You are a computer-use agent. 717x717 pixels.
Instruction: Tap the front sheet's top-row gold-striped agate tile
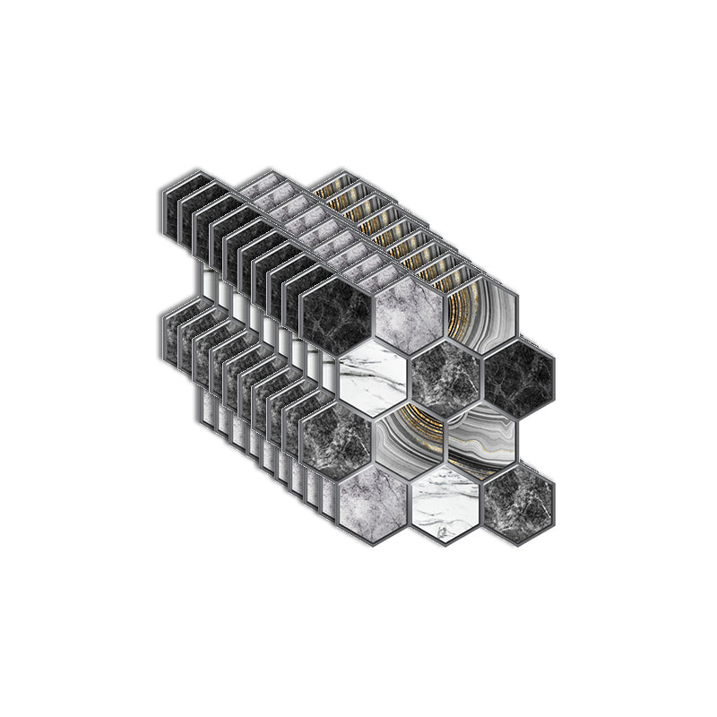[482, 314]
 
